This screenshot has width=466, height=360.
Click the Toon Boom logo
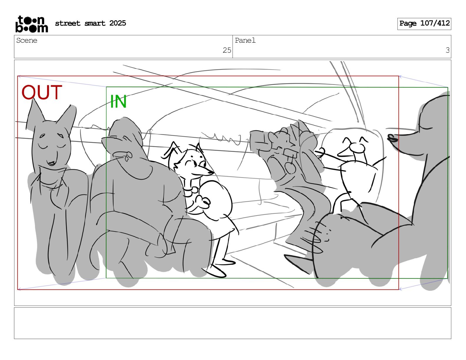[32, 24]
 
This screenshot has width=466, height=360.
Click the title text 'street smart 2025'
[91, 23]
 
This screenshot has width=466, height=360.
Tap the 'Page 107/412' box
[424, 24]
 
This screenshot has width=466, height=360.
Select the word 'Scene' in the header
[27, 41]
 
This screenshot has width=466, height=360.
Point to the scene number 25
[227, 50]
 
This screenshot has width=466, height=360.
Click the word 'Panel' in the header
[245, 41]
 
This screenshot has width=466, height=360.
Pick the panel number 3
[447, 50]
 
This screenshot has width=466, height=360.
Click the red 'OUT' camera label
[42, 92]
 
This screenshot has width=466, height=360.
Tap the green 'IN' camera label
[118, 101]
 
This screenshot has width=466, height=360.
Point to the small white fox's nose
[211, 172]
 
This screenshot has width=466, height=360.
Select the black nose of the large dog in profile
[392, 138]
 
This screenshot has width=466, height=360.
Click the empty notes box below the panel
[233, 323]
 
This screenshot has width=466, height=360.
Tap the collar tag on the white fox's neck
[195, 190]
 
